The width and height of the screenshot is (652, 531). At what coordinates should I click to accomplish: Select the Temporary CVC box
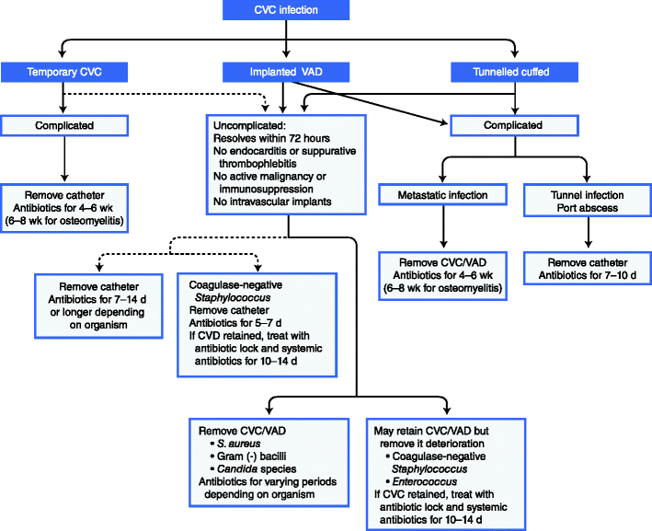(x=63, y=73)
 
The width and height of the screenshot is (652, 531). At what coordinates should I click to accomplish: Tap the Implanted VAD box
(x=287, y=73)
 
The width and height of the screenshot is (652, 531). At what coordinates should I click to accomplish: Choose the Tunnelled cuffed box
(x=514, y=73)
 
